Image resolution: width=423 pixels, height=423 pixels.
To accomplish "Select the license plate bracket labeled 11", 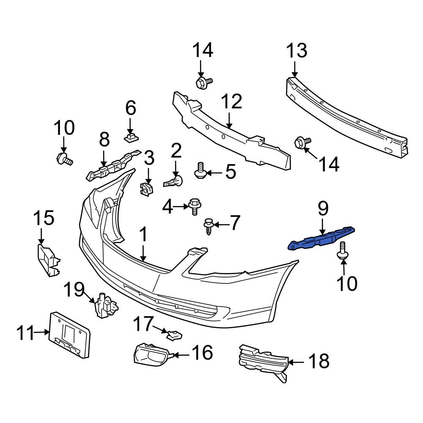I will (70, 334).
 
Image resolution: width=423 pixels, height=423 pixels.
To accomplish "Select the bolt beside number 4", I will (195, 206).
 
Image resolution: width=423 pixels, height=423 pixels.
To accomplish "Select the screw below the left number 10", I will (64, 159).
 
